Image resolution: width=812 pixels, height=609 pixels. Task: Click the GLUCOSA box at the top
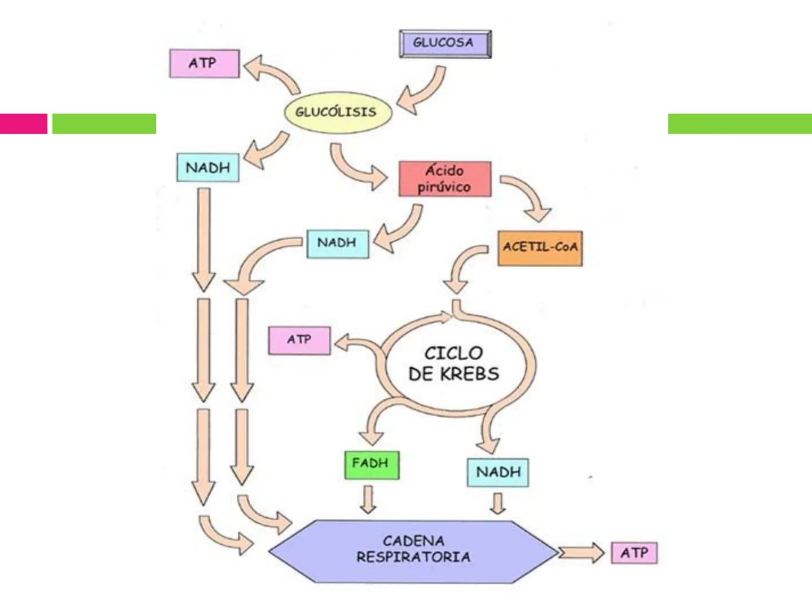click(x=445, y=43)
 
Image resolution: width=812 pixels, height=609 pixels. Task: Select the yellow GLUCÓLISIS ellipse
click(x=336, y=112)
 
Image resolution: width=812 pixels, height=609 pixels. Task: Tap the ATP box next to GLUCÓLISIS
click(x=204, y=63)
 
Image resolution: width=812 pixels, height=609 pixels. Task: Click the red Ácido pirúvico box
click(x=444, y=179)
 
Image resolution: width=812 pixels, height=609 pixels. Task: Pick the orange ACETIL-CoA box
click(x=540, y=248)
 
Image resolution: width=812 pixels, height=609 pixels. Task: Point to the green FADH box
click(x=371, y=464)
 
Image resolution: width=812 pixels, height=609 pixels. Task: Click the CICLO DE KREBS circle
click(x=454, y=364)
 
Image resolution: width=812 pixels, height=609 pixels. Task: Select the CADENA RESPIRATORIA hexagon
click(x=413, y=550)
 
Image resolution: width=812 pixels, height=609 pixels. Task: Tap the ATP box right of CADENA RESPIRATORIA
click(x=634, y=553)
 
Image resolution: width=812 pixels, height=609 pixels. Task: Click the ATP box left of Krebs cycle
click(x=299, y=340)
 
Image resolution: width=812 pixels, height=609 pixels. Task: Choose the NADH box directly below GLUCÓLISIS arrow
click(x=208, y=167)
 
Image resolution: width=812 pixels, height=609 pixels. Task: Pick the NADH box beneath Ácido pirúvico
click(x=337, y=243)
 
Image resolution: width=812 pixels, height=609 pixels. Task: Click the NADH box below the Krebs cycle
click(x=497, y=472)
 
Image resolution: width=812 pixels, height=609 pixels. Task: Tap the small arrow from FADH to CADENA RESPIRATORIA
click(x=368, y=500)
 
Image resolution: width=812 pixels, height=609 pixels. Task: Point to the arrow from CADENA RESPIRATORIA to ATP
click(x=581, y=553)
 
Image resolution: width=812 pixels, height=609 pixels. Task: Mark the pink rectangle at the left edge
click(x=23, y=123)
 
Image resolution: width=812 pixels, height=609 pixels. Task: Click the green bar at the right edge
click(x=739, y=123)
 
